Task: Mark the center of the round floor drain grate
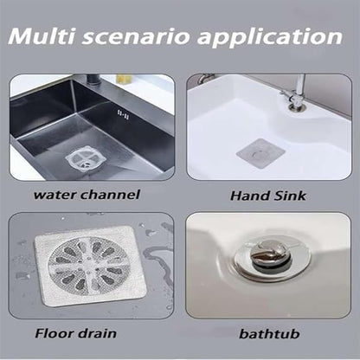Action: point(86,266)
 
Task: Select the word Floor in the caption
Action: point(53,333)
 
